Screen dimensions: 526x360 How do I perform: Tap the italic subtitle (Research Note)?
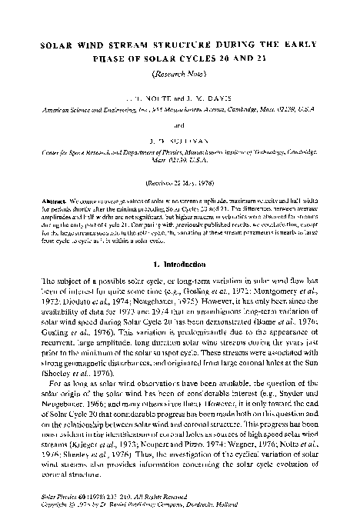click(x=179, y=75)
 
